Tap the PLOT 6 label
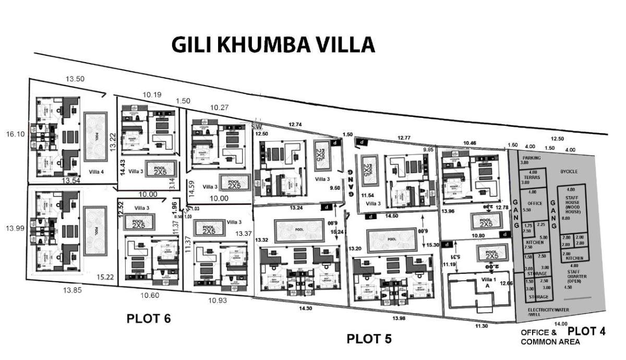[x=149, y=318]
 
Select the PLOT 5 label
[x=369, y=339]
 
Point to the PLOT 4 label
[x=586, y=331]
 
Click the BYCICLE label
[x=570, y=171]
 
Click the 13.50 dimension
[x=75, y=79]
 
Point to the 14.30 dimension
[x=306, y=308]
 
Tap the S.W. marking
[x=256, y=126]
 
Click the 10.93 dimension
[x=218, y=301]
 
